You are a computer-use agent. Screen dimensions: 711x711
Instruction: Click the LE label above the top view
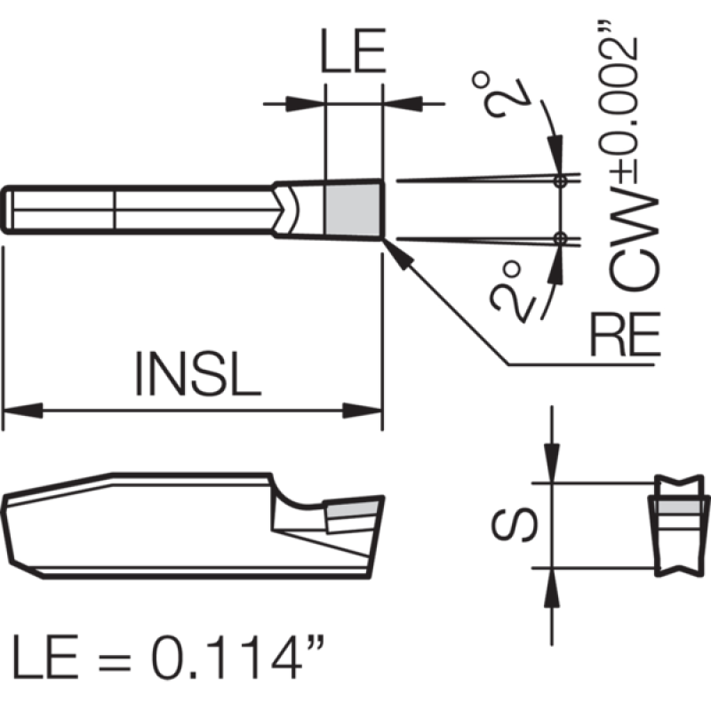[353, 51]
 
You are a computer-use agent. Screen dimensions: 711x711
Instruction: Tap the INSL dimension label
[198, 373]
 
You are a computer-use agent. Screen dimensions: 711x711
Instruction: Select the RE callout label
[625, 334]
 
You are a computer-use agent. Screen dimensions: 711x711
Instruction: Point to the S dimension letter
[515, 524]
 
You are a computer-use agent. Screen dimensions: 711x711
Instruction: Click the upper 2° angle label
[502, 95]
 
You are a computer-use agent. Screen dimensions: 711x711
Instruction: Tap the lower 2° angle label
[513, 292]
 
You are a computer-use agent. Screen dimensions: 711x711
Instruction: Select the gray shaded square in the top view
[352, 210]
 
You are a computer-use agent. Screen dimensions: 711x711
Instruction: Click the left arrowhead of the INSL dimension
[23, 411]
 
